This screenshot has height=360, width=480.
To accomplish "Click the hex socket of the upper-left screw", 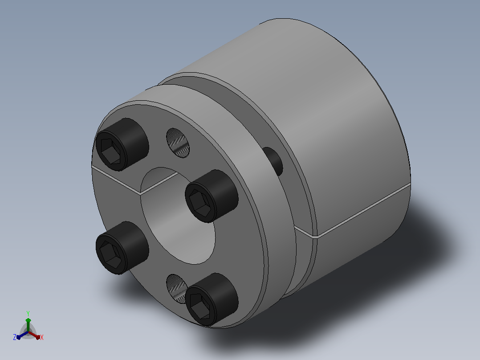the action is [110, 151].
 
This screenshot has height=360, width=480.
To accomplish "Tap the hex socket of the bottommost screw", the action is [200, 306].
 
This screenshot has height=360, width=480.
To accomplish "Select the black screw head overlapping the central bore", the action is [212, 196].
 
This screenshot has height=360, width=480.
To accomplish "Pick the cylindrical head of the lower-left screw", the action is [122, 248].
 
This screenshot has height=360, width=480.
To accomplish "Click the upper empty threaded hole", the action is [178, 143].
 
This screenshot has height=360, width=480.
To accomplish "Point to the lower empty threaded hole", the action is [177, 288].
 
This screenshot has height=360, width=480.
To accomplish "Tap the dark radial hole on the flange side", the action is [273, 161].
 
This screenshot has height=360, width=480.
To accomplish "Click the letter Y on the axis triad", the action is [28, 314].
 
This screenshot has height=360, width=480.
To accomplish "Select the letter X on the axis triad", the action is [42, 337].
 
